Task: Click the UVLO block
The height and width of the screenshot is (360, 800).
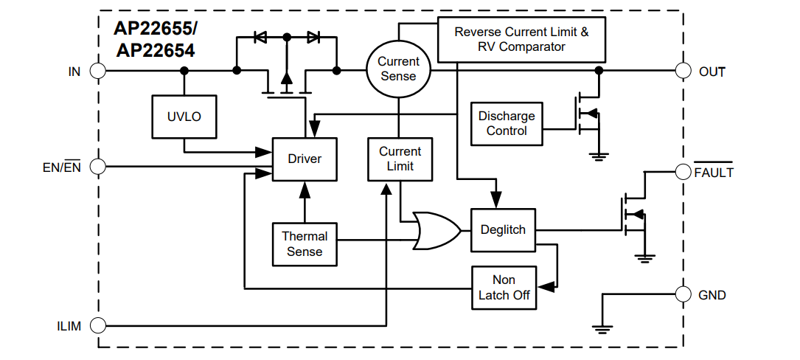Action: (184, 117)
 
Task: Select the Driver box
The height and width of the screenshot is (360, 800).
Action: (305, 159)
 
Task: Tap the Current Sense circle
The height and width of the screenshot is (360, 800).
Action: (398, 69)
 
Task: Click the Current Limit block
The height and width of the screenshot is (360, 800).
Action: (400, 159)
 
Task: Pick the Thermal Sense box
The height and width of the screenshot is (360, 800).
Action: (305, 244)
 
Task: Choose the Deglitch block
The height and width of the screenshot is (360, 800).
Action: (503, 229)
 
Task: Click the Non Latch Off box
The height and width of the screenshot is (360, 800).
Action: (504, 288)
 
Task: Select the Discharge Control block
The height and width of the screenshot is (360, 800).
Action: (507, 123)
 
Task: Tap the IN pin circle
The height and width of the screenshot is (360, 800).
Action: (97, 71)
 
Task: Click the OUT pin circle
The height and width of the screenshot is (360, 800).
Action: (685, 71)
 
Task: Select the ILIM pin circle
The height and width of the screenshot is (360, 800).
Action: (97, 325)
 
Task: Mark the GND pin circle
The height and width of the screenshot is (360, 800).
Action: (685, 294)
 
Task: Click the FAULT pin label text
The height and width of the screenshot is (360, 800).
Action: (714, 173)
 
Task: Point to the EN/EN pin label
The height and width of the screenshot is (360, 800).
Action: (63, 167)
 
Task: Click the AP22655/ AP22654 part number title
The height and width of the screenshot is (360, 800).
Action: (154, 40)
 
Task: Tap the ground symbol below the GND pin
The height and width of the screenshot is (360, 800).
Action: (602, 328)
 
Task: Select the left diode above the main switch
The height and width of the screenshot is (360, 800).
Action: (260, 36)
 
